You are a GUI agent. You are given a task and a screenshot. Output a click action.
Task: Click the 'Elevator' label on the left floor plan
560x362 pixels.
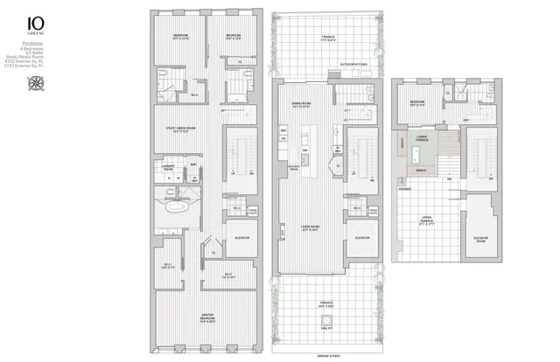point(241,238)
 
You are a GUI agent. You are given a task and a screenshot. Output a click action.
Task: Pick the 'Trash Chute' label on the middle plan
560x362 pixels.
point(374,211)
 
